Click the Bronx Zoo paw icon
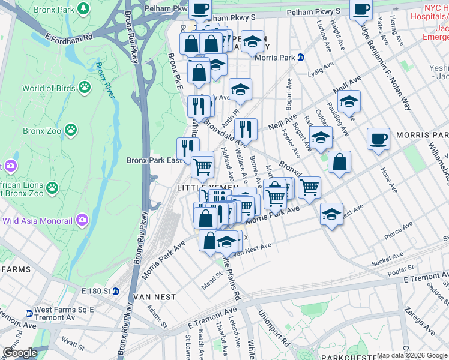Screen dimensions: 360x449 [x=71, y=130]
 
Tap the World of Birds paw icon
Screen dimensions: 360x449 [x=85, y=88]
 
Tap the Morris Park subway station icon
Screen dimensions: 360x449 [x=301, y=58]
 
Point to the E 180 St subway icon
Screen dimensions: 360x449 [x=116, y=291]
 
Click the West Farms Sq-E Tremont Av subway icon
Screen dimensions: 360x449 [x=29, y=313]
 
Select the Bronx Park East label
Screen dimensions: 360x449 [x=154, y=160]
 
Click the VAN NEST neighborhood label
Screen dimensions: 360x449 [x=155, y=297]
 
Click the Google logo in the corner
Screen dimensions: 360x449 [x=20, y=352]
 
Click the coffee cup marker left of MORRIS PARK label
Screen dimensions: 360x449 [x=378, y=140]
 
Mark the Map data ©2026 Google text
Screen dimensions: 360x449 [x=412, y=355]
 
